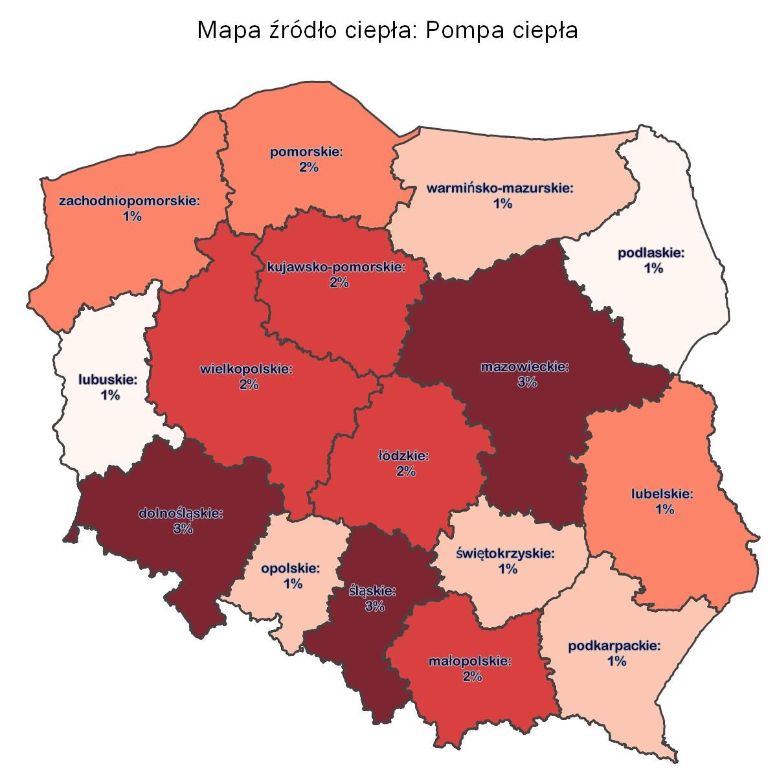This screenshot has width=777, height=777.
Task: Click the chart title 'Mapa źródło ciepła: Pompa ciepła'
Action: tap(387, 30)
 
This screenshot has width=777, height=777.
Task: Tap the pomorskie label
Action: tap(307, 152)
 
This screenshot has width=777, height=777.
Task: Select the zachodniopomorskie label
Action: tap(129, 201)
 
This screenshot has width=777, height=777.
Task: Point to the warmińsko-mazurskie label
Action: tap(501, 188)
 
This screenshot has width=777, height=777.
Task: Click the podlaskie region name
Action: tap(651, 253)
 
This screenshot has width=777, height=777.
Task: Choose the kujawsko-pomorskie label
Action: tap(337, 267)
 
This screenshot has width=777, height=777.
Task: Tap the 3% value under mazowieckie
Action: tap(526, 382)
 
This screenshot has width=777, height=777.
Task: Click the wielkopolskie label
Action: tap(247, 369)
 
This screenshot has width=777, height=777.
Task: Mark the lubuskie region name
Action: tap(108, 379)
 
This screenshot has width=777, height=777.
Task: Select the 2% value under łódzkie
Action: tap(405, 471)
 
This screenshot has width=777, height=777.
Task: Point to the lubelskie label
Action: tap(662, 494)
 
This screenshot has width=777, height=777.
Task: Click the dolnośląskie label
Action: tap(181, 513)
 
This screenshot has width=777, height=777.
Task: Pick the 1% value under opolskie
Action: tap(293, 584)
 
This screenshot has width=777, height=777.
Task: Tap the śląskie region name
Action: tap(372, 591)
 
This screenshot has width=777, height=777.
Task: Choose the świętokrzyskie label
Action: tap(506, 554)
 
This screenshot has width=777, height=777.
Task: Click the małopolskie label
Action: tap(470, 662)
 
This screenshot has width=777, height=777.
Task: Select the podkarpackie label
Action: tap(614, 646)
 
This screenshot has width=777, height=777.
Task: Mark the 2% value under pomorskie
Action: tap(309, 168)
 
